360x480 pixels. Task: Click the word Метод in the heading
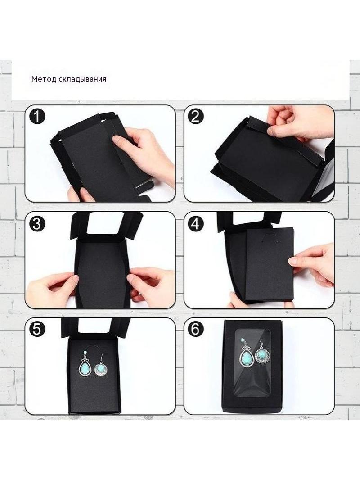(x=44, y=79)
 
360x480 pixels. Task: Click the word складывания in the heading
(x=83, y=79)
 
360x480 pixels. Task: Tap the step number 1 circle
(x=37, y=117)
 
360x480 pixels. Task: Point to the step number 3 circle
(x=37, y=224)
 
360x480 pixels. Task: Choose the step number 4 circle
(x=195, y=224)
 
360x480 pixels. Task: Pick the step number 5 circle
(x=37, y=330)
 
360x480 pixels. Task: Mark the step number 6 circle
(x=195, y=330)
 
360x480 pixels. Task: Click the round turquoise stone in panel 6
(x=261, y=354)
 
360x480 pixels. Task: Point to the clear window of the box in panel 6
(x=252, y=363)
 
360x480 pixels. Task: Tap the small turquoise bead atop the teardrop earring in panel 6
(x=244, y=340)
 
